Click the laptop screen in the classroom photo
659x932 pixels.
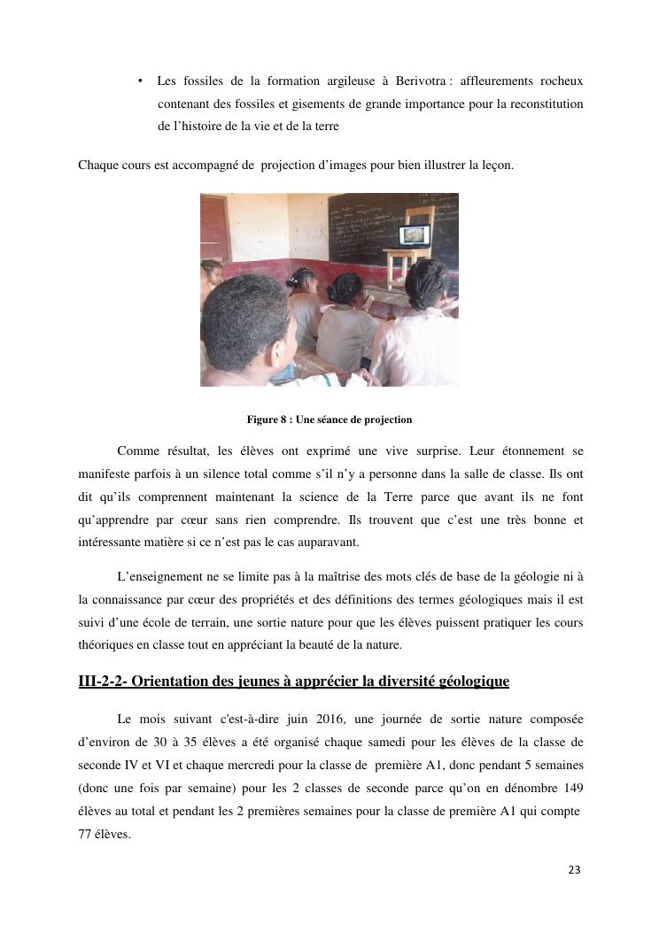[x=414, y=235]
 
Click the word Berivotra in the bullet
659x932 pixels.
[x=419, y=81]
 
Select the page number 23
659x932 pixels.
[x=574, y=870]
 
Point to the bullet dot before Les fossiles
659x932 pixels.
[x=141, y=81]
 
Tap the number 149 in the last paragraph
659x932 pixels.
[x=571, y=788]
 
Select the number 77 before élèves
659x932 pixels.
[x=86, y=833]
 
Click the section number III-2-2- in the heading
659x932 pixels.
[x=103, y=682]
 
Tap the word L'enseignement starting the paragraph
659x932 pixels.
[x=159, y=576]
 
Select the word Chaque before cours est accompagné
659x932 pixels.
[x=97, y=165]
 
